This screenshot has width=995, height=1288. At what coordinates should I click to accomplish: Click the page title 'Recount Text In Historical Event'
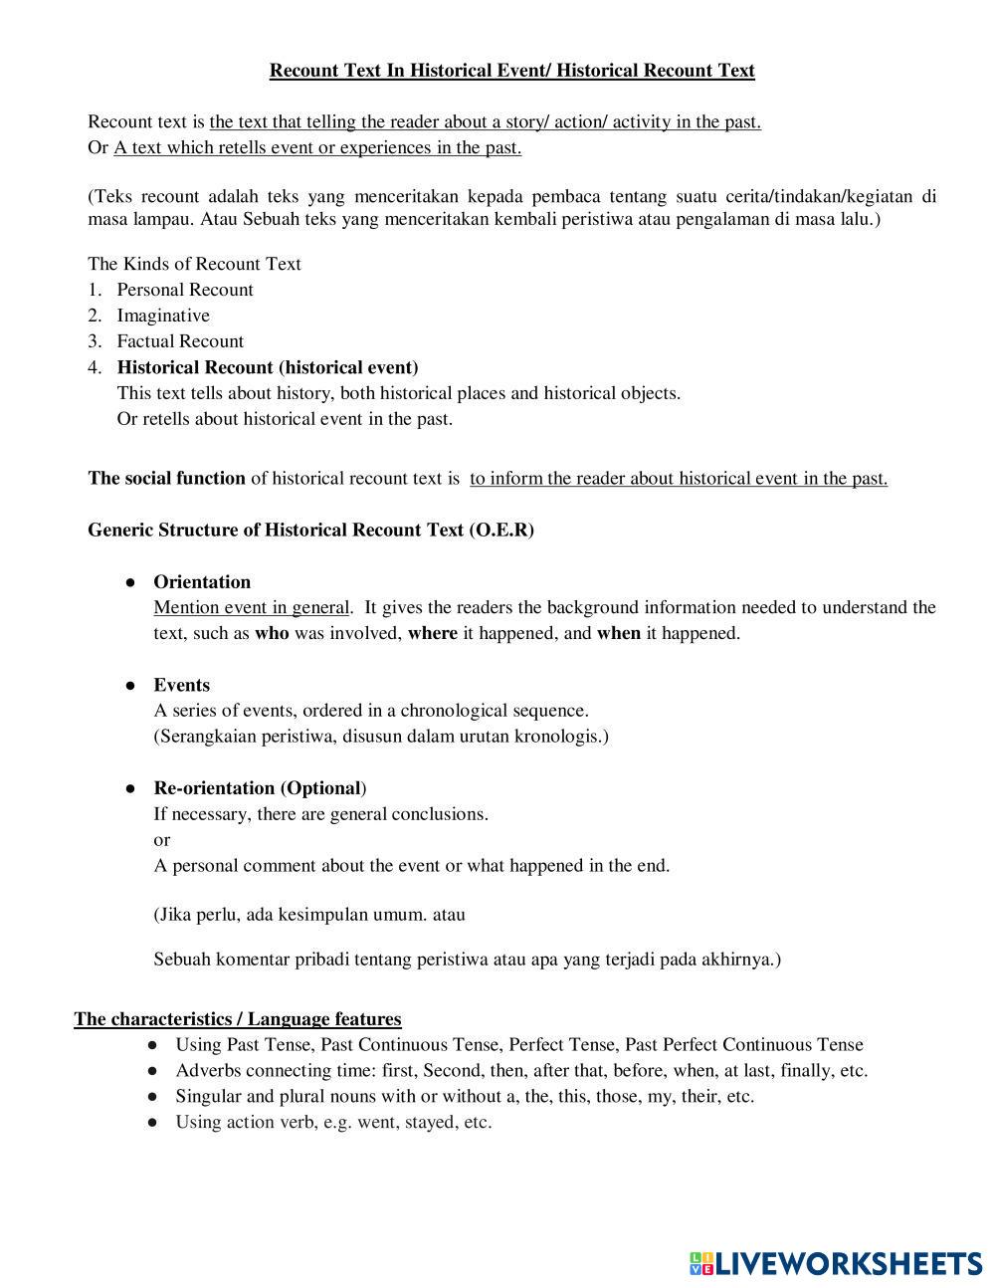511,71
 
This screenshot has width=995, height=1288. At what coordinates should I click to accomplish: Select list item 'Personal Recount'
185,290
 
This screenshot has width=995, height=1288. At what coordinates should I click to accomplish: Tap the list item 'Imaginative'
163,316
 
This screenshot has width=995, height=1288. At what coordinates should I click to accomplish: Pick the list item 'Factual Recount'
180,341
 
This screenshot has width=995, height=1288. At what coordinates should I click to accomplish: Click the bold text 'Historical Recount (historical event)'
268,367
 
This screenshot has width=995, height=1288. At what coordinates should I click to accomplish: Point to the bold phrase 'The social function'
166,479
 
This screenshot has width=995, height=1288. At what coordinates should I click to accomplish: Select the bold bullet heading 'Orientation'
202,582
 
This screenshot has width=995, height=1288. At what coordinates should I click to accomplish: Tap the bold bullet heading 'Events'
181,685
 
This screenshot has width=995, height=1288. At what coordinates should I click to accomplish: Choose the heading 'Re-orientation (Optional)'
260,788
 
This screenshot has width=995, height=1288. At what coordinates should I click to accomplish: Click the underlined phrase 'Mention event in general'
251,608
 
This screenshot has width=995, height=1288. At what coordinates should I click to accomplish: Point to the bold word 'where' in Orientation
433,634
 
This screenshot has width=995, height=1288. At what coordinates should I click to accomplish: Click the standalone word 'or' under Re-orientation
161,840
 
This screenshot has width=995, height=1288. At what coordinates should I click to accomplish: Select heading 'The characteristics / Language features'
238,1019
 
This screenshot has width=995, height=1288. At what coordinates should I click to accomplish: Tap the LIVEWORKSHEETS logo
836,1263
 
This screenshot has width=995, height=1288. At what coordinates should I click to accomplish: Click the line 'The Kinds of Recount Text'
194,264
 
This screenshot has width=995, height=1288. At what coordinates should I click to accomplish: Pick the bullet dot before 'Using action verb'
152,1123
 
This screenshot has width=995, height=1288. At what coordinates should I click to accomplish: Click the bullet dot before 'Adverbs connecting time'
152,1071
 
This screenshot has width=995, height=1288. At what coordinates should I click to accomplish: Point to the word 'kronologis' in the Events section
561,737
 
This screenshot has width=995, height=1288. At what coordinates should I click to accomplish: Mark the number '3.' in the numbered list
95,341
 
